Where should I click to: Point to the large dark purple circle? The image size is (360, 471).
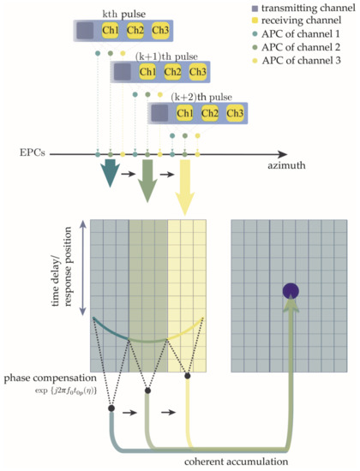pos(291,290)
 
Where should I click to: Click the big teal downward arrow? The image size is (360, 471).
pos(110,171)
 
